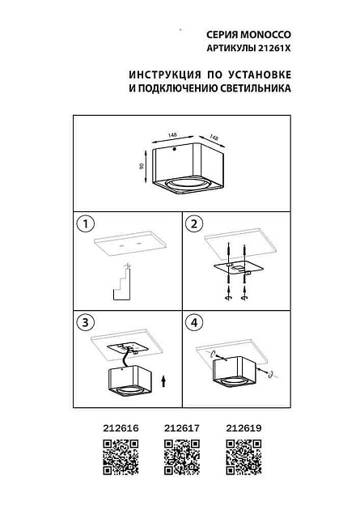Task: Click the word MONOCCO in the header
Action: pos(265,36)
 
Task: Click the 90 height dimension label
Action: pos(142,166)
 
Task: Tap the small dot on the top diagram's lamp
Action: pos(173,151)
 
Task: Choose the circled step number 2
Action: pos(195,223)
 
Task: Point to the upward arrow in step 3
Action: pos(164,380)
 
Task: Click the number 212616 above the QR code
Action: pos(120,429)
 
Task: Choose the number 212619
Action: pos(241,429)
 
